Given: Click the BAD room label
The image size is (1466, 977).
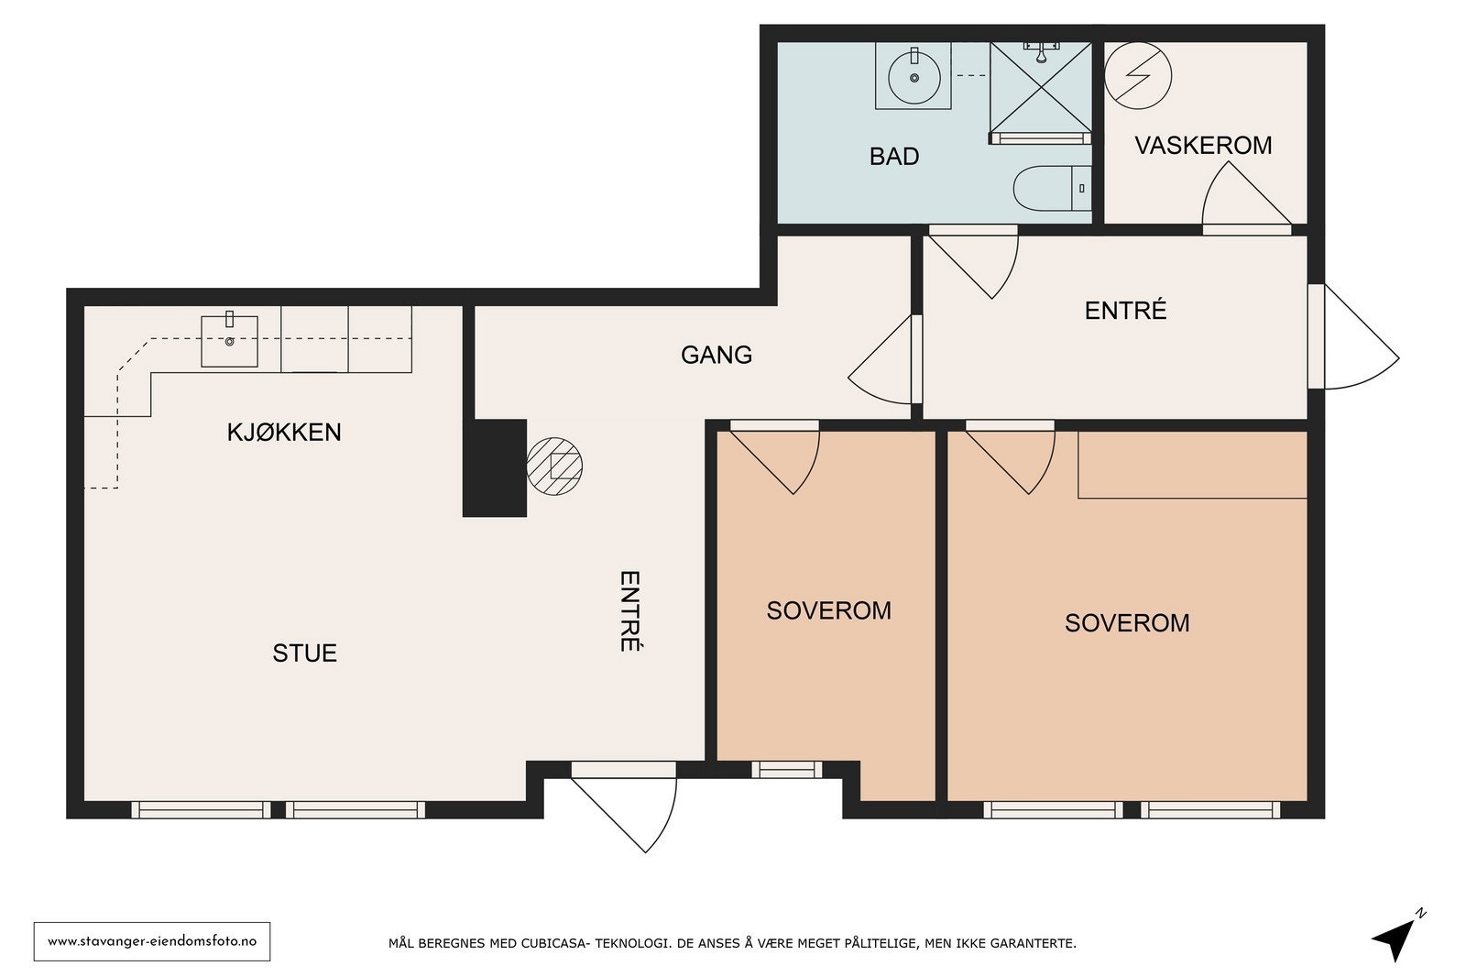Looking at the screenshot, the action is pyautogui.click(x=894, y=157).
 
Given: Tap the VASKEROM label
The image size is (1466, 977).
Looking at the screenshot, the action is pyautogui.click(x=1203, y=146).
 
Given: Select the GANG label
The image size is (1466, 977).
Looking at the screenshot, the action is pyautogui.click(x=716, y=355).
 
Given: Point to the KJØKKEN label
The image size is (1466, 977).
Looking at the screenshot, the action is pyautogui.click(x=284, y=433).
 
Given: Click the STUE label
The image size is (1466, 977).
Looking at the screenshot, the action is pyautogui.click(x=304, y=653).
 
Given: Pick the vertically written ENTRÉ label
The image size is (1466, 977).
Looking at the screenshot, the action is pyautogui.click(x=629, y=611).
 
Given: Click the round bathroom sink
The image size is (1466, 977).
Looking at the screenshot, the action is pyautogui.click(x=914, y=77).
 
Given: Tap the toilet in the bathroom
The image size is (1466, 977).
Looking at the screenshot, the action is pyautogui.click(x=1053, y=189).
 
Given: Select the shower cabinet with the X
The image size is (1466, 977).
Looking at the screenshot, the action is pyautogui.click(x=1041, y=93).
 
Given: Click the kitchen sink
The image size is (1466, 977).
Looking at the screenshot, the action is pyautogui.click(x=229, y=341).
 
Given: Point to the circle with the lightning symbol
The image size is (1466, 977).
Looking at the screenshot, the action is pyautogui.click(x=1137, y=75).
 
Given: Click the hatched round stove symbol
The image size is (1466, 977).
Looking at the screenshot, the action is pyautogui.click(x=554, y=467).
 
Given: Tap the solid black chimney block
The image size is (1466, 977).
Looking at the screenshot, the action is pyautogui.click(x=495, y=467).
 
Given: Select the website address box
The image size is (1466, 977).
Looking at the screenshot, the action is pyautogui.click(x=152, y=941).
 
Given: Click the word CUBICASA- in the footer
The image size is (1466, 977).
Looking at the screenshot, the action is pyautogui.click(x=547, y=944).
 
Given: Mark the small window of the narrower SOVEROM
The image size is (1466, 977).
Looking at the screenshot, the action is pyautogui.click(x=787, y=770).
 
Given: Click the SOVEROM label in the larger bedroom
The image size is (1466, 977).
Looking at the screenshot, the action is pyautogui.click(x=1127, y=622).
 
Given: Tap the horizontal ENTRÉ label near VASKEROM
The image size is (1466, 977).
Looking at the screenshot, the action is pyautogui.click(x=1126, y=311).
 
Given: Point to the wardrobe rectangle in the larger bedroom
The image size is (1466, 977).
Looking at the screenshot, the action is pyautogui.click(x=1192, y=465).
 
